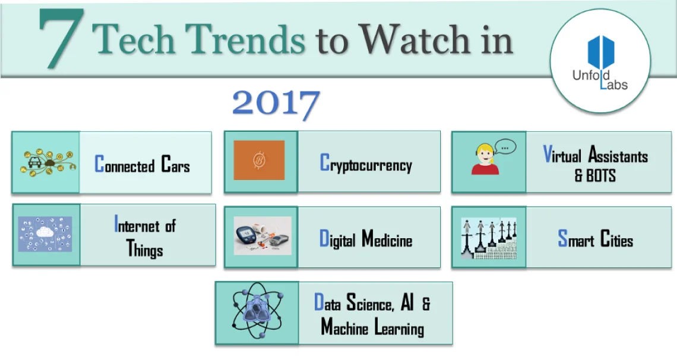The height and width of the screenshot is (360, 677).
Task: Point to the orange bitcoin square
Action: [x=259, y=160]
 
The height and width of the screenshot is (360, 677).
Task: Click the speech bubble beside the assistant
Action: [x=504, y=146]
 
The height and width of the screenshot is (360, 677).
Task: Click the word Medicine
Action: [x=387, y=240]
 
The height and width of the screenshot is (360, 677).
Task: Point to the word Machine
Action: [x=344, y=327]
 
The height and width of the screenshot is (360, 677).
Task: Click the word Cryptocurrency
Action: [x=366, y=164]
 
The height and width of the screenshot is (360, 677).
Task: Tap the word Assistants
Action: [x=618, y=156]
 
